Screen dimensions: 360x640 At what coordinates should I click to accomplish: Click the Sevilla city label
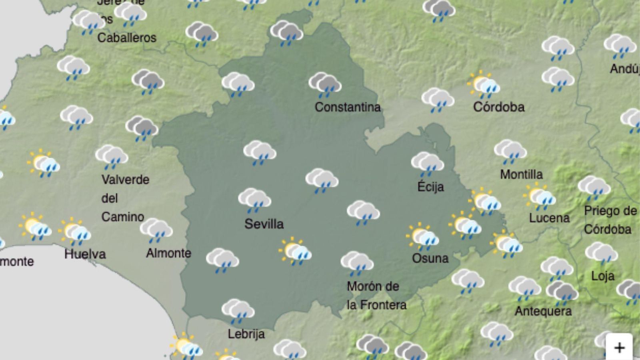pyautogui.click(x=264, y=224)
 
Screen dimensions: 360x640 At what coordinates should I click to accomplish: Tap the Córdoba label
pyautogui.click(x=498, y=107)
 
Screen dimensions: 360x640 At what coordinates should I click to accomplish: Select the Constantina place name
pyautogui.click(x=347, y=107)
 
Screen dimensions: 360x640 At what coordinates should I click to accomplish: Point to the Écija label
pyautogui.click(x=430, y=186)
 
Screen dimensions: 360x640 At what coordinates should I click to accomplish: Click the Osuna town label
pyautogui.click(x=430, y=258)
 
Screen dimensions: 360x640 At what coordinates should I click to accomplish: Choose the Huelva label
pyautogui.click(x=85, y=254)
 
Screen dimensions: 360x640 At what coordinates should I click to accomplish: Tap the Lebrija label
pyautogui.click(x=246, y=334)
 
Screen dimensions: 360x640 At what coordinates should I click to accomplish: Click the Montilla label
pyautogui.click(x=521, y=174)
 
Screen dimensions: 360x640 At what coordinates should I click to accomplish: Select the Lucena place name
pyautogui.click(x=549, y=218)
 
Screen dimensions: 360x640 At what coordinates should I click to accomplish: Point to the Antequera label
pyautogui.click(x=543, y=311)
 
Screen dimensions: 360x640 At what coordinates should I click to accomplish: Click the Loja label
pyautogui.click(x=602, y=276)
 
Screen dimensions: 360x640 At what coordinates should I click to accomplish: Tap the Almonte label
pyautogui.click(x=168, y=253)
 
